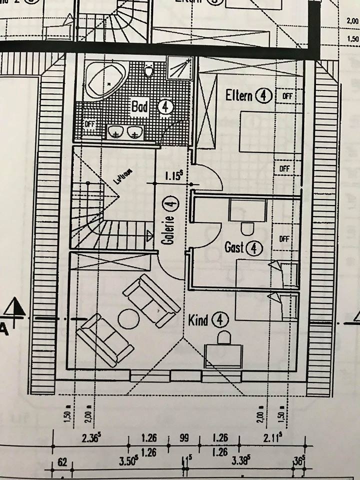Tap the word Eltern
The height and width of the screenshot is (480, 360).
pyautogui.click(x=238, y=95)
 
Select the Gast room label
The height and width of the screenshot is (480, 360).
pyautogui.click(x=234, y=247)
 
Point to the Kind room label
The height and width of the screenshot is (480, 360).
pyautogui.click(x=198, y=319)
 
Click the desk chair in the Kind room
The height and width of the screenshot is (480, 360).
pyautogui.click(x=223, y=338)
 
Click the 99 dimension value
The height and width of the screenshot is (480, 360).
pyautogui.click(x=184, y=438)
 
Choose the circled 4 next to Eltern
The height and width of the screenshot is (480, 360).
pyautogui.click(x=263, y=95)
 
